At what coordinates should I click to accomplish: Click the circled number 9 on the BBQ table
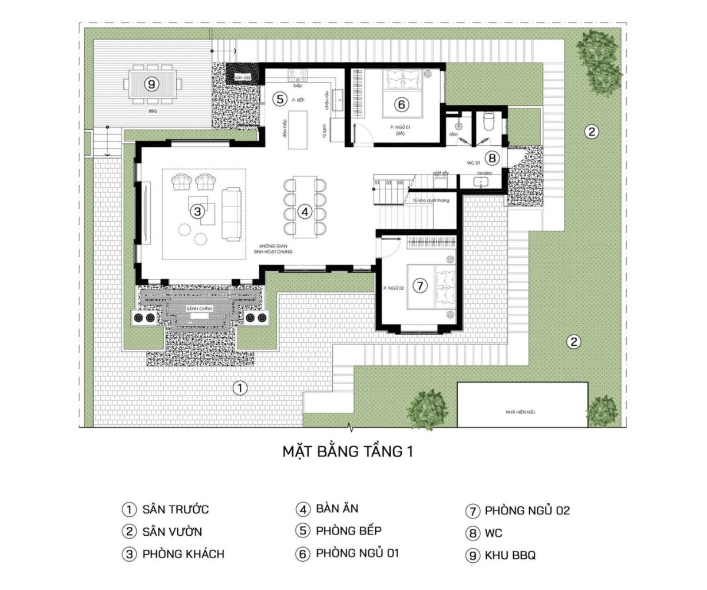[x=152, y=84]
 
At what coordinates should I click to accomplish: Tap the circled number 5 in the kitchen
[x=280, y=99]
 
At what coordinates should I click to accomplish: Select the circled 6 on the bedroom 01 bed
[x=401, y=105]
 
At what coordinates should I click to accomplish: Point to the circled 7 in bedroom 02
[x=419, y=286]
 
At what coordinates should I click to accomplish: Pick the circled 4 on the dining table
[x=304, y=211]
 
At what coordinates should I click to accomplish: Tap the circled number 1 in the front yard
[x=240, y=388]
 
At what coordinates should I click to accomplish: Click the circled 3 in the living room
[x=197, y=211]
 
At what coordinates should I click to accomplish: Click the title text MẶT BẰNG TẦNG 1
[x=348, y=452]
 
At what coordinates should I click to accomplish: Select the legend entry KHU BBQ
[x=510, y=555]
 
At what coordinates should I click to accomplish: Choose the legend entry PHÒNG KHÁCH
[x=183, y=554]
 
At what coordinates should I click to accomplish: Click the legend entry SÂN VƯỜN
[x=172, y=532]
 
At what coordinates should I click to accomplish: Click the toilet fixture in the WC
[x=488, y=121]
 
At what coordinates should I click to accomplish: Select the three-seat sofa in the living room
[x=232, y=214]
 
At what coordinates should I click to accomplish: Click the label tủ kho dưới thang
[x=431, y=201]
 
